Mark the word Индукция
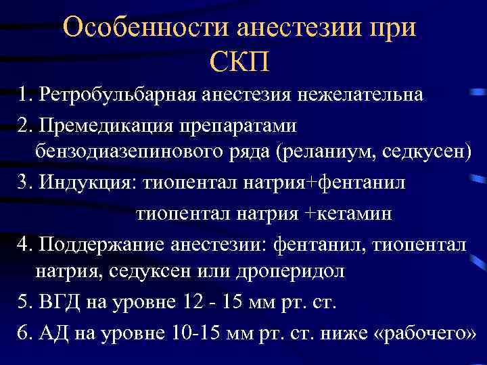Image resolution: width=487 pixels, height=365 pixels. pos(78,182)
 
